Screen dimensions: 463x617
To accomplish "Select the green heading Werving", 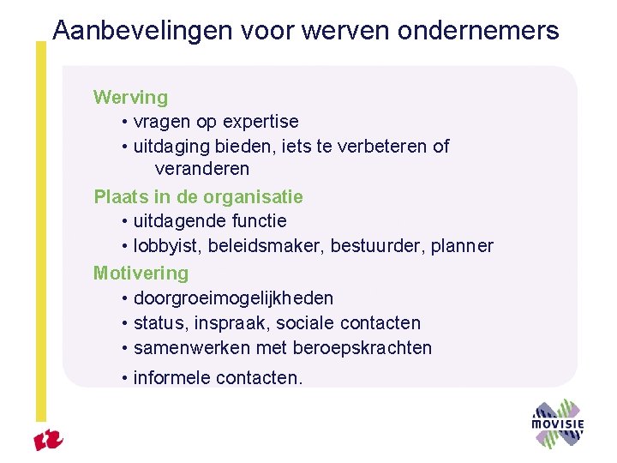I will coord(130,98).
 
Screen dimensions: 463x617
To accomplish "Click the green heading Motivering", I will coord(141,274).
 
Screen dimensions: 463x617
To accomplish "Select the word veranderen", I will coord(202,169).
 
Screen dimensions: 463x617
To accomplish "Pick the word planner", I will coord(463,247).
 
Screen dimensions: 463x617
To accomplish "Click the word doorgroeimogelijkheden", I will coord(234,298).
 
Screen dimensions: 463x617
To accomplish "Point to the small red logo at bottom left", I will coord(49,441).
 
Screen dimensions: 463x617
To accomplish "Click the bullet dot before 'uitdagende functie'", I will coord(125,222).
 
